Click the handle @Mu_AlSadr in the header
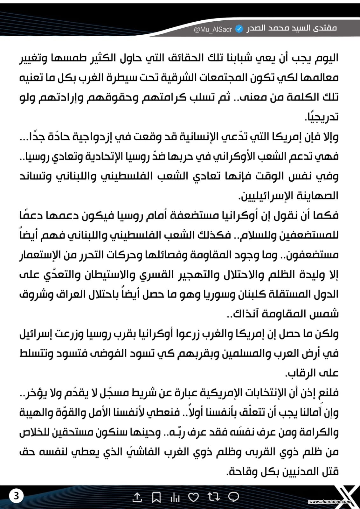pyautogui.click(x=213, y=30)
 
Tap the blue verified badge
pyautogui.click(x=239, y=29)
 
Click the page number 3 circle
pyautogui.click(x=16, y=496)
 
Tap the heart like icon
pyautogui.click(x=194, y=497)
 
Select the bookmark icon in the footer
pyautogui.click(x=156, y=497)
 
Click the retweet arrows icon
pyautogui.click(x=213, y=497)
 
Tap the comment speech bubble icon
pyautogui.click(x=234, y=497)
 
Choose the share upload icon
pyautogui.click(x=137, y=497)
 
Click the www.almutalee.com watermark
pyautogui.click(x=329, y=502)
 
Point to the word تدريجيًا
pyautogui.click(x=322, y=117)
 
